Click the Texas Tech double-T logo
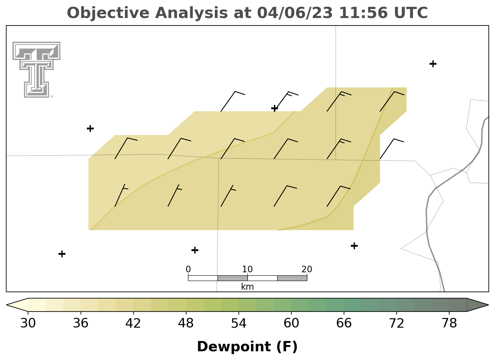tap(36, 70)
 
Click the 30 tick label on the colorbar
tap(28, 323)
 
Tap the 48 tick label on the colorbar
tap(186, 323)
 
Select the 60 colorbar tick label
tap(291, 323)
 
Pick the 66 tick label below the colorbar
tap(344, 323)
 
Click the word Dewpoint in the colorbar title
tap(234, 347)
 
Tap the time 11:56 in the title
tap(363, 13)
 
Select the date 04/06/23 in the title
tap(295, 13)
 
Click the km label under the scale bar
tap(247, 287)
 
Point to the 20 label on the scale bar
tap(307, 269)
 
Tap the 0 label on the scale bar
tap(188, 269)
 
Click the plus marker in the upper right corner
tap(433, 64)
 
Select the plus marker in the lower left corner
tap(62, 254)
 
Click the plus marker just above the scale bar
tap(195, 250)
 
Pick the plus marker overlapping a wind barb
tap(275, 108)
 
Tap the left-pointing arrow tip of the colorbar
tap(7, 305)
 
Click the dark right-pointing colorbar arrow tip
tap(488, 305)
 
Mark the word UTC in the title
tap(411, 13)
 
